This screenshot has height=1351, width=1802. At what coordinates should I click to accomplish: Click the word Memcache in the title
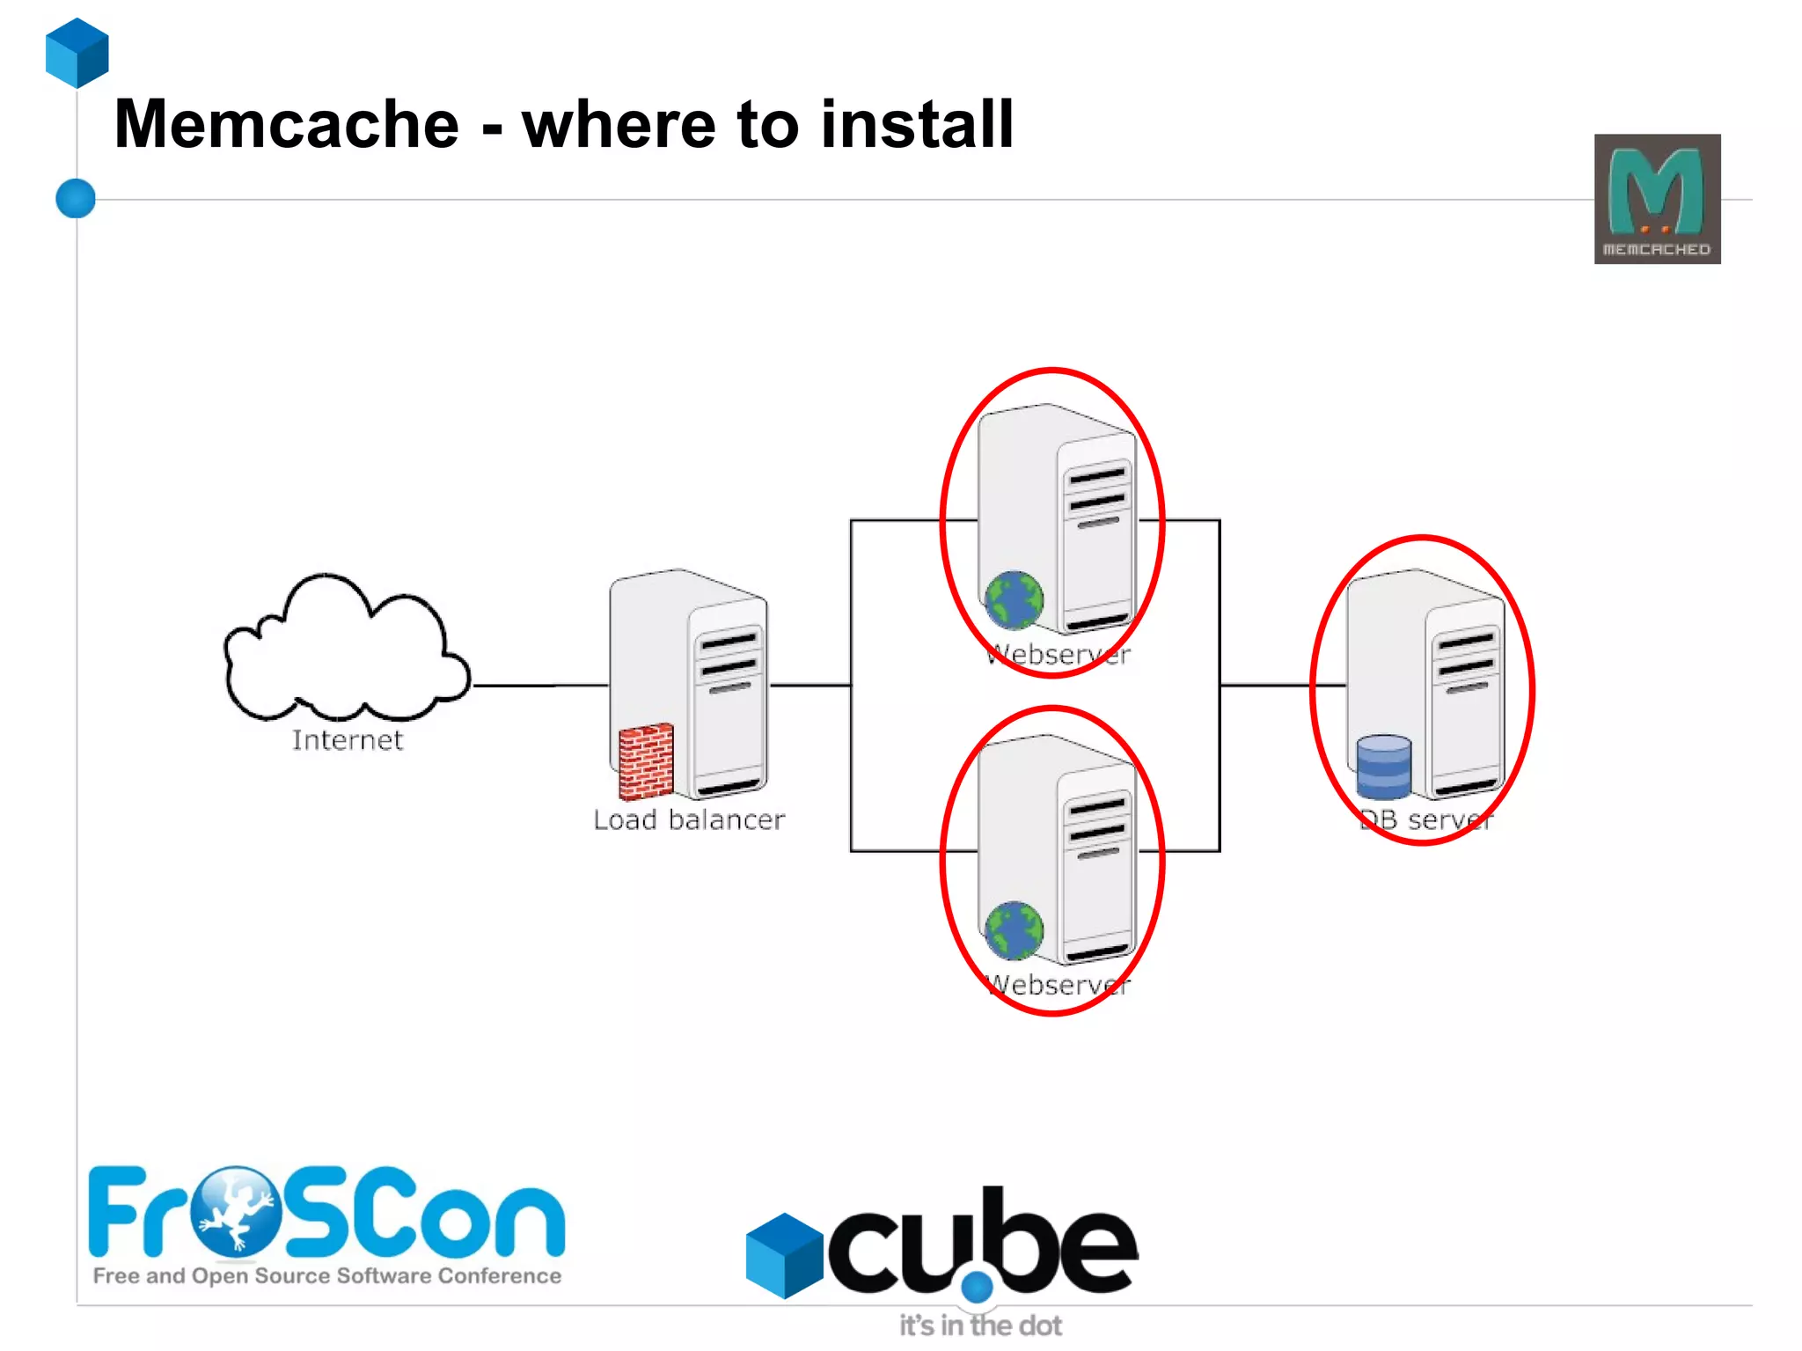click(287, 124)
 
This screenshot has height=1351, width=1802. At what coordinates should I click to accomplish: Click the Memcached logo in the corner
click(1657, 199)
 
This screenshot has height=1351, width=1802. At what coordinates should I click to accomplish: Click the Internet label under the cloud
click(348, 740)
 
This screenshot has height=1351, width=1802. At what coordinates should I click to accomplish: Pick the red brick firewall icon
click(646, 761)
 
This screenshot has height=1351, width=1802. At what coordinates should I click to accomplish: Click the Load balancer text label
click(688, 820)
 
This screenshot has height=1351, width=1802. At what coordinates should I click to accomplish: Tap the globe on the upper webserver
click(1014, 600)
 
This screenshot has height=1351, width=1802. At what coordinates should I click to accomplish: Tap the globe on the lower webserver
click(1014, 930)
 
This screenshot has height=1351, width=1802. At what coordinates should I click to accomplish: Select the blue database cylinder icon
click(1383, 767)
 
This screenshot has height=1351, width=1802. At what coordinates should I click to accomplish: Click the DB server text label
click(1425, 820)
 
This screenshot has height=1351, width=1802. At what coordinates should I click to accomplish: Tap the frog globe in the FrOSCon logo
click(235, 1211)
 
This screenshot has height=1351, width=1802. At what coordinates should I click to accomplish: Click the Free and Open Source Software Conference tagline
click(327, 1276)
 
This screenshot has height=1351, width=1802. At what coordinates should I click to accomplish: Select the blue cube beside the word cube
click(784, 1255)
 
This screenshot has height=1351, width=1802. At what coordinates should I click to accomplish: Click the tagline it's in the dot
click(980, 1325)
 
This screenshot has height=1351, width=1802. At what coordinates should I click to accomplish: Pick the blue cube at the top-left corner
click(77, 53)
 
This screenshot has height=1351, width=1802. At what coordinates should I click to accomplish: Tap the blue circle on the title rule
click(76, 198)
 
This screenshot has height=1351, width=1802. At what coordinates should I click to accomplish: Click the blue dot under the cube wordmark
click(977, 1288)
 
